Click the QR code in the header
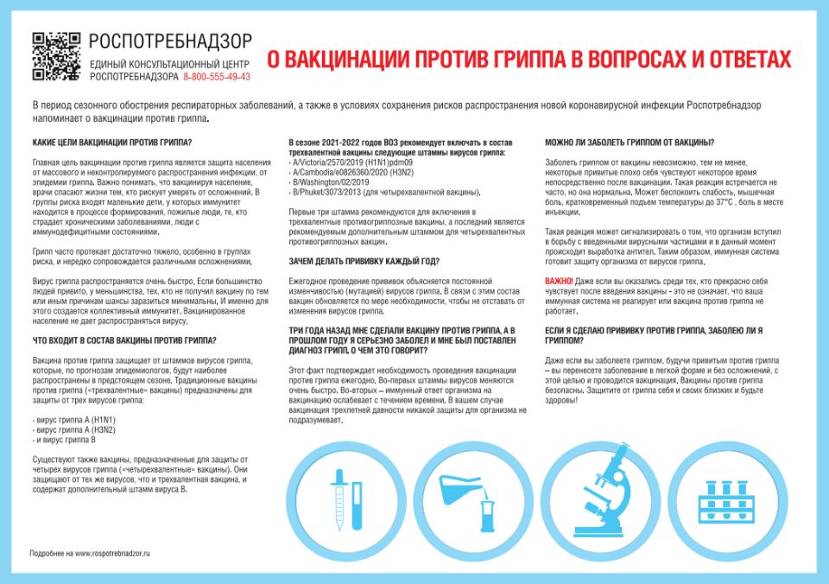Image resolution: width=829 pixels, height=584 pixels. pos(56,56)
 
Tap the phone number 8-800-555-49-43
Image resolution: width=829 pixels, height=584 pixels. pos(217,77)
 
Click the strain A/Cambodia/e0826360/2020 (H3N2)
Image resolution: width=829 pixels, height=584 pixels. pos(355,172)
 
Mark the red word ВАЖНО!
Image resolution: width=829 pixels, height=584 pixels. pos(559,282)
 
